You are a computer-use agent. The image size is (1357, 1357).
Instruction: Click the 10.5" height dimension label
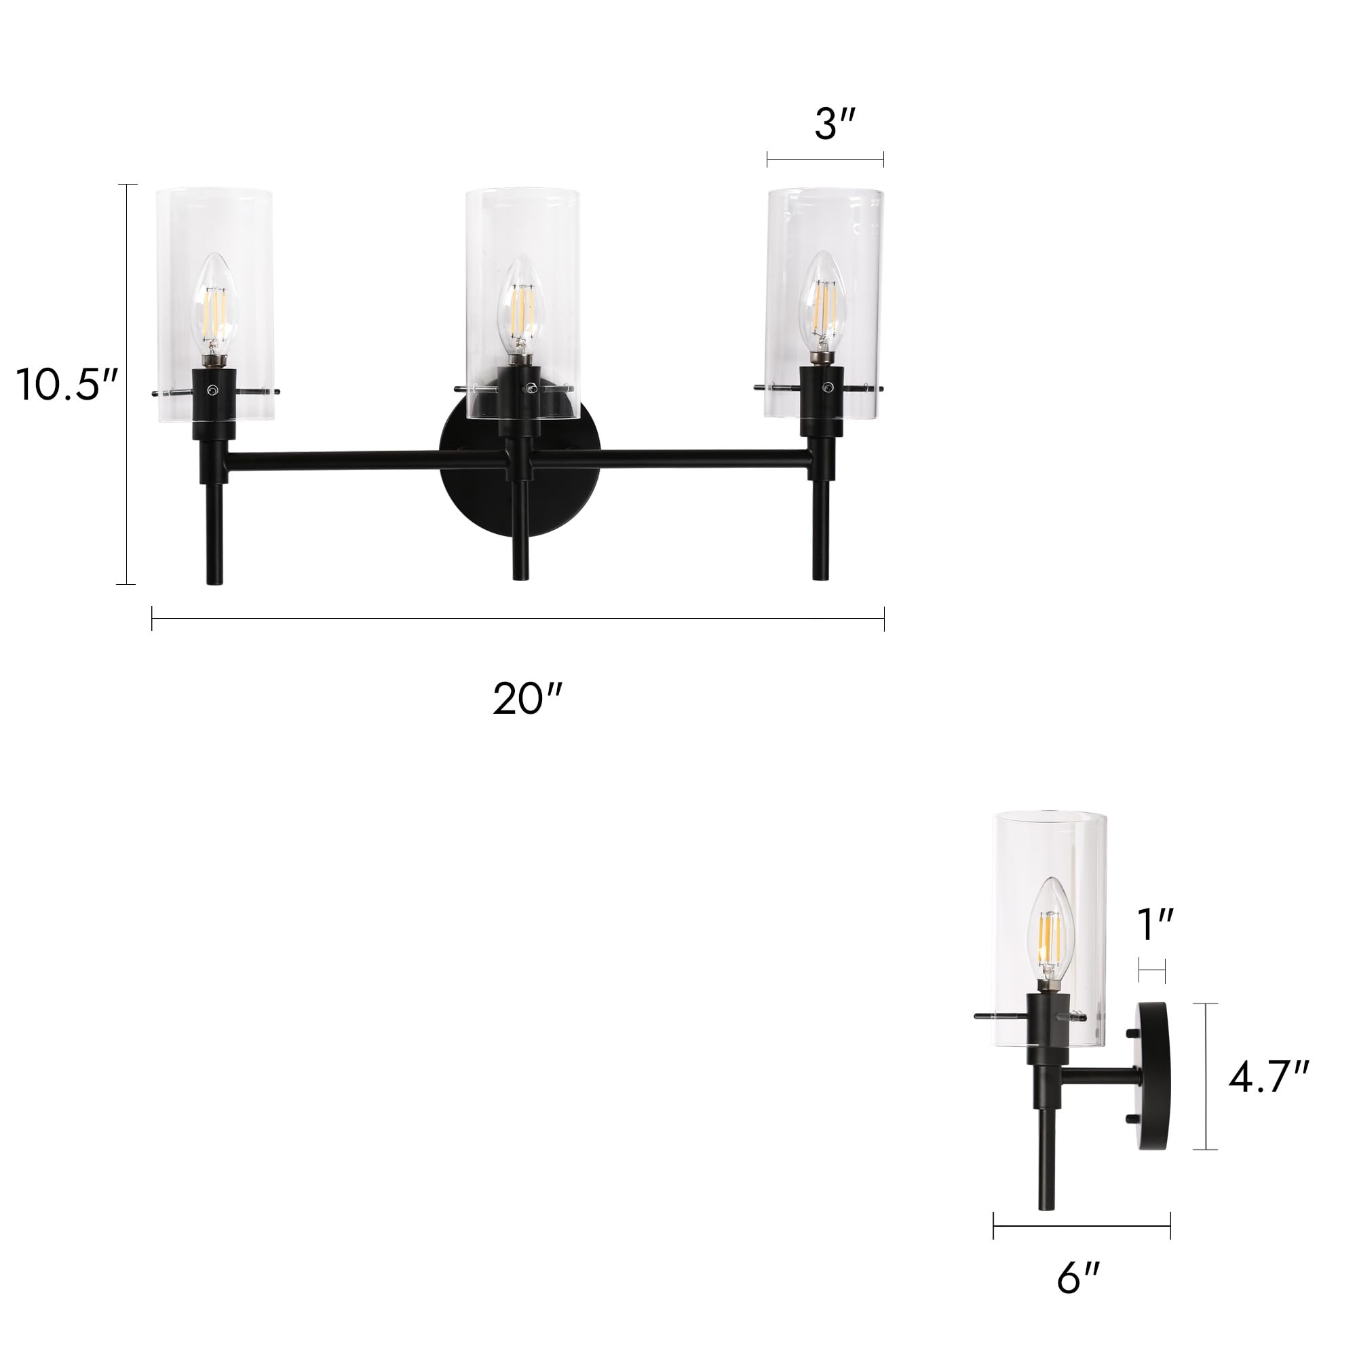pyautogui.click(x=66, y=385)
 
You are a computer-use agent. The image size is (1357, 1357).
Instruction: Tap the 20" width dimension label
pyautogui.click(x=527, y=700)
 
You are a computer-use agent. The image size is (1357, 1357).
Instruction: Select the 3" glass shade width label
pyautogui.click(x=835, y=125)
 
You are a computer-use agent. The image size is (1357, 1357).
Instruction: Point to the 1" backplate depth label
pyautogui.click(x=1155, y=924)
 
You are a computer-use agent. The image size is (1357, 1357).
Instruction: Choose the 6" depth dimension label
pyautogui.click(x=1078, y=1278)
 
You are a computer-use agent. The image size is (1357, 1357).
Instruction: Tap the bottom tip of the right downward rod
pyautogui.click(x=821, y=576)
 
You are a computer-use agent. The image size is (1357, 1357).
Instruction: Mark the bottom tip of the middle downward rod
pyautogui.click(x=520, y=576)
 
